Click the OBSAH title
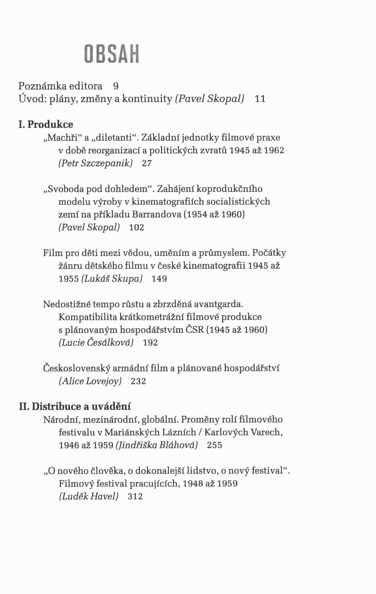pos(112,54)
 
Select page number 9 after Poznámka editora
pos(116,86)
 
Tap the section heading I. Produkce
pos(46,124)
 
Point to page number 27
pos(147,163)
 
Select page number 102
pos(137,228)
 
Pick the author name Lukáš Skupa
pos(112,279)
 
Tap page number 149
pos(159,279)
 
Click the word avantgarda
pos(218,304)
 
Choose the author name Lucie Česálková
pos(96,343)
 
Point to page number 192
pos(150,343)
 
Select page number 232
pos(138,381)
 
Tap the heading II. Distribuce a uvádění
pos(75,406)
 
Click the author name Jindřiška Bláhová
pos(157,445)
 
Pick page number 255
pos(214,445)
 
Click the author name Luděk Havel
pos(89,496)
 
